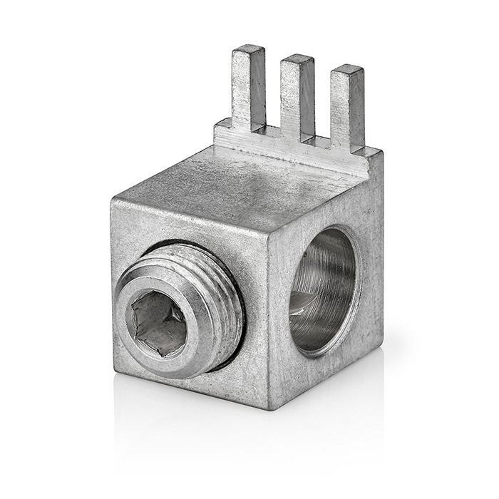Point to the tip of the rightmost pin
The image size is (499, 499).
tap(348, 69)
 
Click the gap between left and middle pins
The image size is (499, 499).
tap(274, 107)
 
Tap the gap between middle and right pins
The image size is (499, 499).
tap(322, 118)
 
